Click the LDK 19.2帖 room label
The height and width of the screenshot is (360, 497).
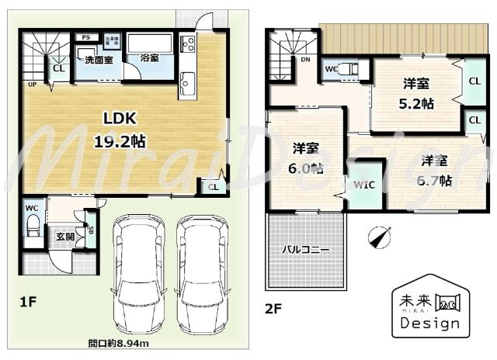pos(120,130)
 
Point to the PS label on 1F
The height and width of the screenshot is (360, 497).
pos(85,37)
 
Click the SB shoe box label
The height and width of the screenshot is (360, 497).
pos(91,231)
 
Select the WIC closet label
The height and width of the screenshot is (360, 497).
pos(364,185)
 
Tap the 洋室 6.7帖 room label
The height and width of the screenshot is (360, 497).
pos(435,171)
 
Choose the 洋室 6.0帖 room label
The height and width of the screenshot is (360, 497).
pos(308,157)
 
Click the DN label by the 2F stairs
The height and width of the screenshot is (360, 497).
pos(306,59)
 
